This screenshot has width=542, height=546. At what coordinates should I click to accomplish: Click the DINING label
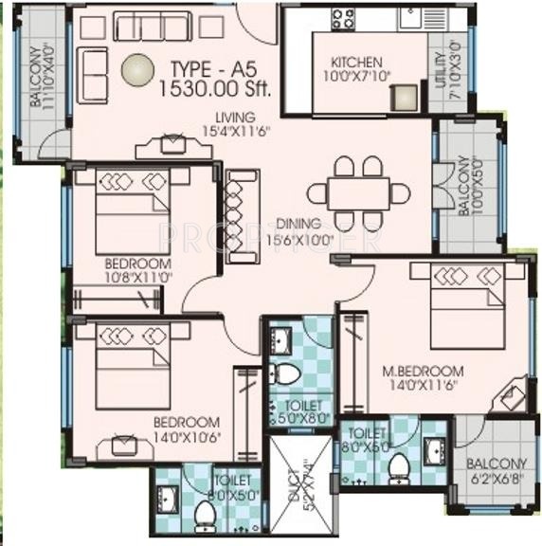click(x=299, y=224)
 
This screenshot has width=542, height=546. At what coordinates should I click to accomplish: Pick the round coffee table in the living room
click(x=138, y=69)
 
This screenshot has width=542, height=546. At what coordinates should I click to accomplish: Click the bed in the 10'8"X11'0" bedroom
click(x=132, y=210)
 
